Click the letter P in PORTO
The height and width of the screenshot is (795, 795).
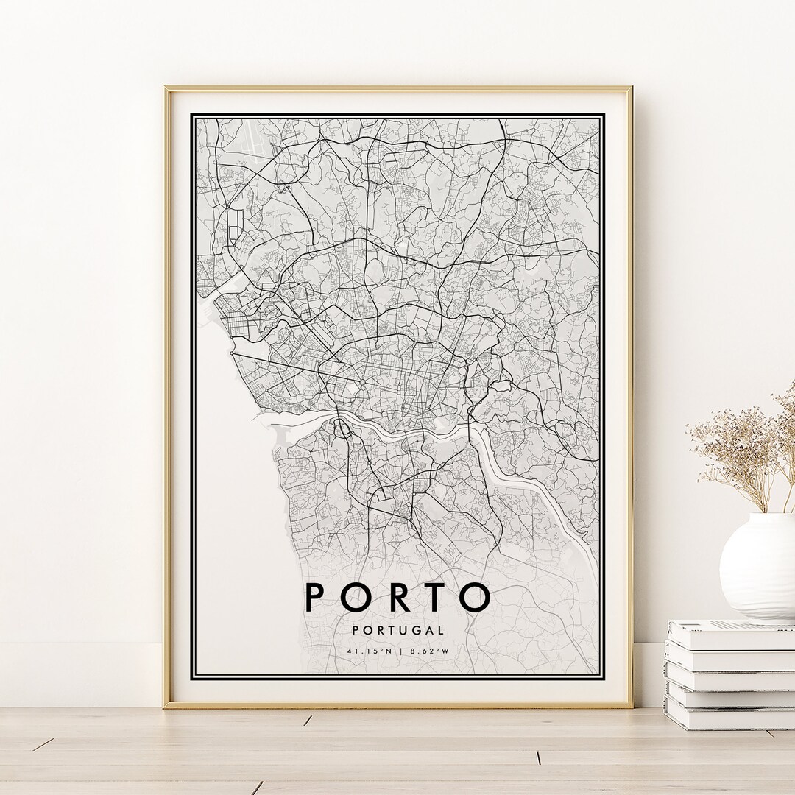tap(315, 597)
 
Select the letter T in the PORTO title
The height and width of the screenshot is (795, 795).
tap(434, 597)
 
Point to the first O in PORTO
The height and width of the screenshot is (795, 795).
tap(354, 597)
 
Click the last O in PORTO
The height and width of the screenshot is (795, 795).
tap(474, 597)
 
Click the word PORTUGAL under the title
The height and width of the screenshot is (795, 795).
tap(397, 630)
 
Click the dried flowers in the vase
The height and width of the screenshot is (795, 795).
tap(743, 449)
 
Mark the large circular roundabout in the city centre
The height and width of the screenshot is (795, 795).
tap(362, 384)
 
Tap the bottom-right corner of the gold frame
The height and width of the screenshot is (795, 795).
tap(631, 706)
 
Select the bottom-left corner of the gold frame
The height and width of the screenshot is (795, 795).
tap(166, 706)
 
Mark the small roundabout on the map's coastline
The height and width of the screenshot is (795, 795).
tap(232, 354)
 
